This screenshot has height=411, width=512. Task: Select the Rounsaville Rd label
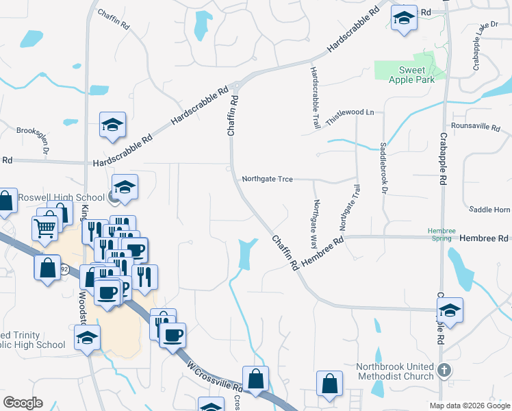(x=476, y=127)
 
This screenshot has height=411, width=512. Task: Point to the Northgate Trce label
(x=267, y=179)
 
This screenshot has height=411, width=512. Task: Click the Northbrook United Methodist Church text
(x=395, y=371)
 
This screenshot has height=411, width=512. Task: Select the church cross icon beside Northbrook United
(x=444, y=371)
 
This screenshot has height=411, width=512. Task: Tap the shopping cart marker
(x=45, y=227)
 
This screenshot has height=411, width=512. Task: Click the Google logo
(x=23, y=403)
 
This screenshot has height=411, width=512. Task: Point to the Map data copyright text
(x=469, y=406)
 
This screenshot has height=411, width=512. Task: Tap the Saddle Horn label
(x=489, y=209)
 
